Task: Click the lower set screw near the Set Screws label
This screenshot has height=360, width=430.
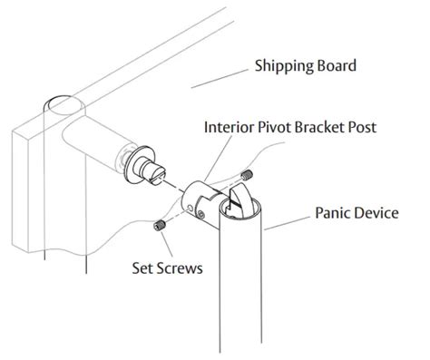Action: click(161, 223)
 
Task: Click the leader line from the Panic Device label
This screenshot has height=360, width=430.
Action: click(288, 219)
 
